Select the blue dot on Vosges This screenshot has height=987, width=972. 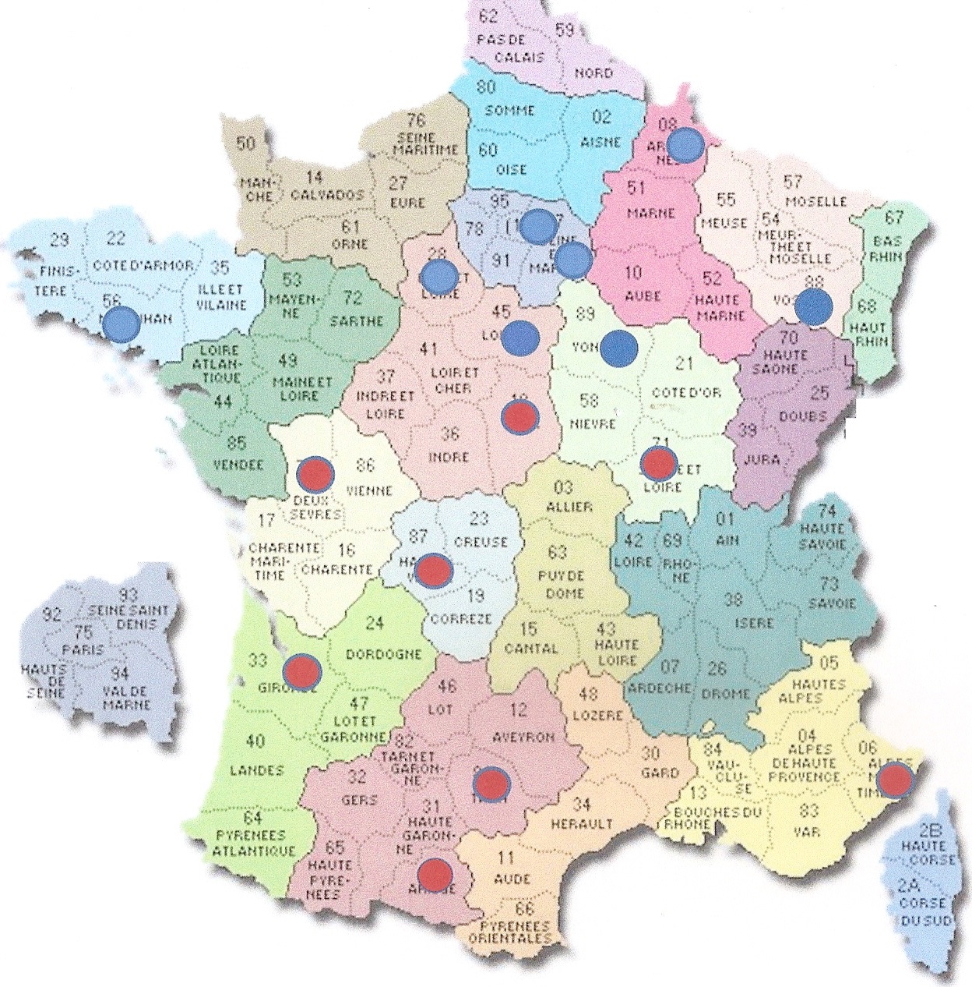click(814, 307)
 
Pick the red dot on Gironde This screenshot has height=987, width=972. click(301, 670)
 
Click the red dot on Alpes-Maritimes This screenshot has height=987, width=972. click(894, 779)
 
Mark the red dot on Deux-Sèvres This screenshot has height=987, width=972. click(316, 472)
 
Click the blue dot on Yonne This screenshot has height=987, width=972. click(619, 346)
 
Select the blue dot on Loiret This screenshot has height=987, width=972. click(520, 338)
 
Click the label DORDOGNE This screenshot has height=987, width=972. click(383, 654)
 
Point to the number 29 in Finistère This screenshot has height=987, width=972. click(59, 240)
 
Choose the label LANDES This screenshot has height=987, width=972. click(256, 770)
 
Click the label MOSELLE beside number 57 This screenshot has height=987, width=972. click(815, 202)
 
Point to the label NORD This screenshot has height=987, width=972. click(593, 73)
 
